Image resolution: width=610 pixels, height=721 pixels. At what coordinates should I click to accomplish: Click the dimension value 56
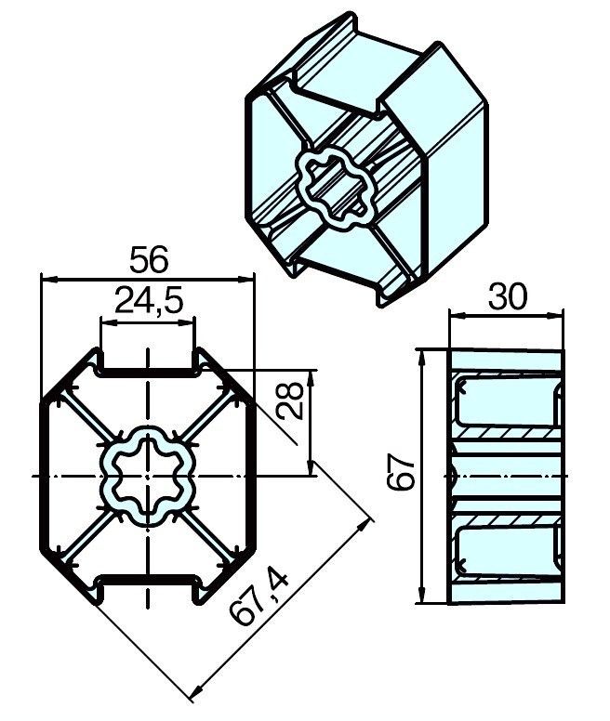149,260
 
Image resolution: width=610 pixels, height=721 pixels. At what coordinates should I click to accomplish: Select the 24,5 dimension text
149,301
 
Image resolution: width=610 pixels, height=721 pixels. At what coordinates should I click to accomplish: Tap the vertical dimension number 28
291,400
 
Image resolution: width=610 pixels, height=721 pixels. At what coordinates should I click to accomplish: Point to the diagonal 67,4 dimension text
260,598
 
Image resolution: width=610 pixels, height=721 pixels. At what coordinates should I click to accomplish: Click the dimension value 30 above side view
507,297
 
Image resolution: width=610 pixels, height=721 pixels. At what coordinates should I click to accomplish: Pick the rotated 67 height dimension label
401,472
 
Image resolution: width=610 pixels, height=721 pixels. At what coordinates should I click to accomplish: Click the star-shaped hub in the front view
148,476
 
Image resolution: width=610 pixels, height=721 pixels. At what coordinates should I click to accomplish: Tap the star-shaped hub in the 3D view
335,189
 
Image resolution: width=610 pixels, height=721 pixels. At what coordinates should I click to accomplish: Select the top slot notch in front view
148,365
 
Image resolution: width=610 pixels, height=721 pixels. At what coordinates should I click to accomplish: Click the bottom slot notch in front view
148,586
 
